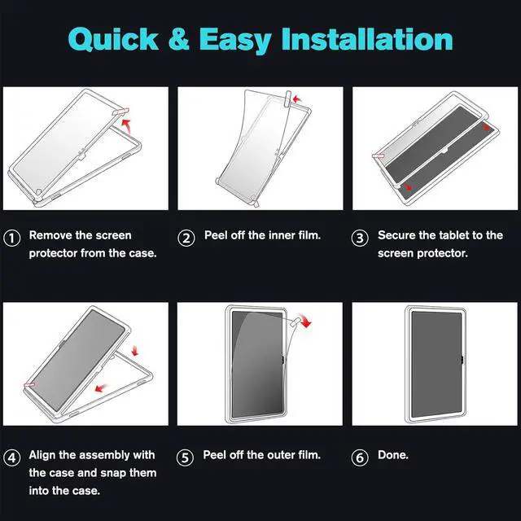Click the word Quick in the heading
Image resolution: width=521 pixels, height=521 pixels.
(113, 39)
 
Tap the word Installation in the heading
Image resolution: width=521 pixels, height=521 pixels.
(367, 39)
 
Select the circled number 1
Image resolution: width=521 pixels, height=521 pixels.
(12, 238)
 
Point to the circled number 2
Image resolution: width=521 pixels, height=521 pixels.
(186, 238)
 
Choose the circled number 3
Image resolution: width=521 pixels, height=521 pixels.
(360, 238)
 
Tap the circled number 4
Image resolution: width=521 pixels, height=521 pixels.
(12, 458)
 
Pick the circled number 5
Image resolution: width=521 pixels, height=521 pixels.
(185, 458)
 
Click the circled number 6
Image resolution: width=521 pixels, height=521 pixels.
(360, 458)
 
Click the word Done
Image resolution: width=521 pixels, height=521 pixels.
(392, 454)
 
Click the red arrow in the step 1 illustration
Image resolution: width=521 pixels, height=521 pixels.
(126, 125)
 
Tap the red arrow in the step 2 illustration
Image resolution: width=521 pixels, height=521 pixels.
(296, 99)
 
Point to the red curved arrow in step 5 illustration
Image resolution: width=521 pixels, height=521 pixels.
(305, 320)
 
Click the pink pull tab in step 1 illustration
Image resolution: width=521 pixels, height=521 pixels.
(120, 112)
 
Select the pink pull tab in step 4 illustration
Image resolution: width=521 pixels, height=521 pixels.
(29, 385)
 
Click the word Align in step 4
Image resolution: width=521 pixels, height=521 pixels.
(42, 455)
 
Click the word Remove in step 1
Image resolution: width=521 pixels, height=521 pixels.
(50, 235)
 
